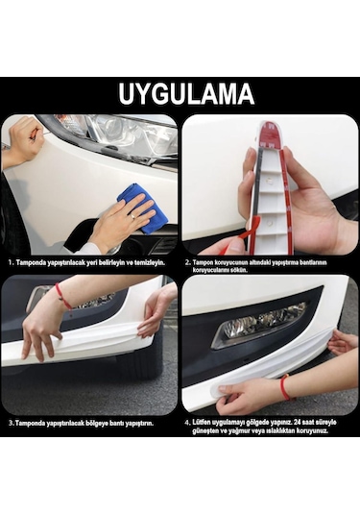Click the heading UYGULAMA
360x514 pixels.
[x=180, y=94]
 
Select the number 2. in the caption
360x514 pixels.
[x=189, y=260]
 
